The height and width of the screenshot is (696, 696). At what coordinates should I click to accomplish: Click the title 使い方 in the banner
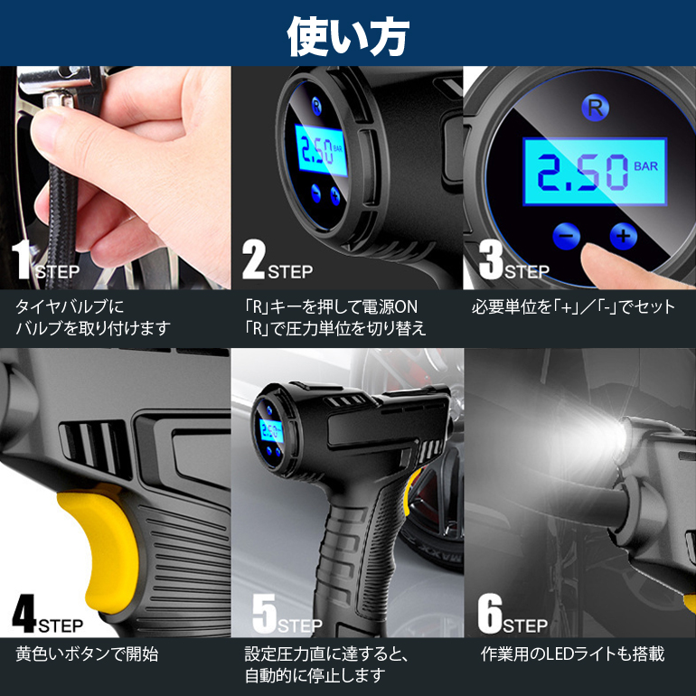click(348, 36)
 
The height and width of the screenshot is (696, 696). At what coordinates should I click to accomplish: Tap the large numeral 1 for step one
click(22, 260)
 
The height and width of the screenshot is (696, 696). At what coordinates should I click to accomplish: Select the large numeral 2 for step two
click(253, 260)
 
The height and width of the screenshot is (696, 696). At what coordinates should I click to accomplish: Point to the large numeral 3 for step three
click(491, 260)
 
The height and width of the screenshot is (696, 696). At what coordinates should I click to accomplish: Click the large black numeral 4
click(24, 614)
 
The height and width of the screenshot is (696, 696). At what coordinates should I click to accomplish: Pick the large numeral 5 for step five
click(265, 614)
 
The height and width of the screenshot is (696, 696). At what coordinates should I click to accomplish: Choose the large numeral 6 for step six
click(490, 614)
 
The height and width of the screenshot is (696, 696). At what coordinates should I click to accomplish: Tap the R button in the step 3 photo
click(595, 108)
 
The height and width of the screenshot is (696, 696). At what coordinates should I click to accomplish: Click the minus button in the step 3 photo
click(566, 236)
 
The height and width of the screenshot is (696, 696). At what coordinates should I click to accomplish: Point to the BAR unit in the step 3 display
click(646, 166)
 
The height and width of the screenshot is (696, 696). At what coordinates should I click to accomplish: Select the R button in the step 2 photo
click(316, 106)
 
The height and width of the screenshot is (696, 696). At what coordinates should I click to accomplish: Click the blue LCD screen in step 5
click(271, 430)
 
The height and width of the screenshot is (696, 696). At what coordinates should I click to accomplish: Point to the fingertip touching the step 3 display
click(595, 254)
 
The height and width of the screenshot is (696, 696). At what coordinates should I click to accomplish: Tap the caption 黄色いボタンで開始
click(87, 654)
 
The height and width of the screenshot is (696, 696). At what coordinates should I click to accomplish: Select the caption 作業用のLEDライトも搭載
click(572, 654)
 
